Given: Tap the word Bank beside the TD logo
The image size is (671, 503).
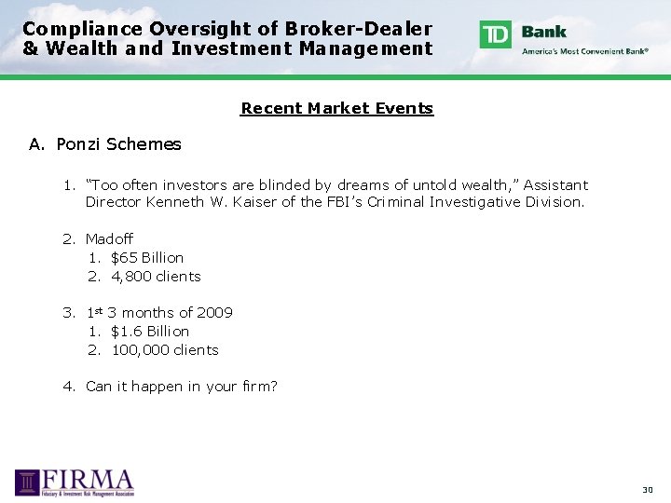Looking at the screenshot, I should point(544,31).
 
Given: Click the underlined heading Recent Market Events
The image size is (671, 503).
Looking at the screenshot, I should point(336,108).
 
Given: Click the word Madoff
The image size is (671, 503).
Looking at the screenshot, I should point(109,239).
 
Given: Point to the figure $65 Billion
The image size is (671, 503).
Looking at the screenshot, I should point(147,258).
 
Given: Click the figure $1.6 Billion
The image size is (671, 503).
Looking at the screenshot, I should point(149,332).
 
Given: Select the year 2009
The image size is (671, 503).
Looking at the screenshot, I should point(214,313).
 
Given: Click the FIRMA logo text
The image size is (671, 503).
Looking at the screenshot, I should point(89,480).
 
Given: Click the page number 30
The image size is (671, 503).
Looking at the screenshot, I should point(648,490).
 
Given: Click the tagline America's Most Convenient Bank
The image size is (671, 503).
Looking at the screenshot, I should point(584,51).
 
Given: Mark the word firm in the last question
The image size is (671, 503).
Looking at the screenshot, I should point(253,387).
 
